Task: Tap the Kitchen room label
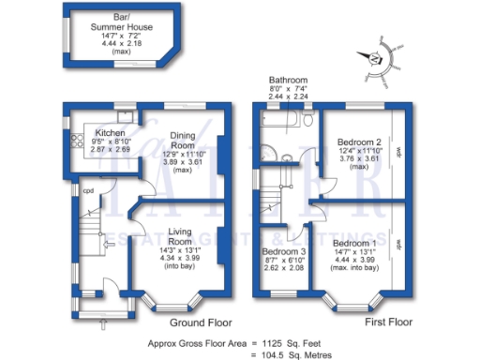click(x=97, y=131)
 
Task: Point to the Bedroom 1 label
click(x=353, y=243)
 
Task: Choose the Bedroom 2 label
click(x=358, y=143)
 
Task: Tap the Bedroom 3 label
click(x=283, y=251)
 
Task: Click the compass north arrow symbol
click(x=377, y=55)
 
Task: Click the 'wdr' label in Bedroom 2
click(x=398, y=151)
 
